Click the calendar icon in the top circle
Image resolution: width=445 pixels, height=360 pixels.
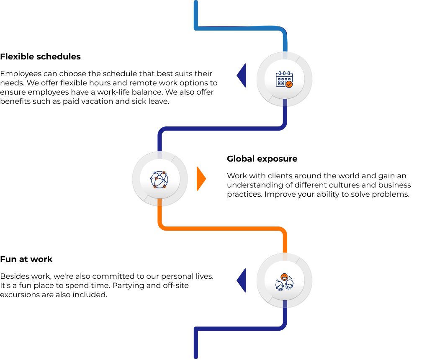tap(284, 79)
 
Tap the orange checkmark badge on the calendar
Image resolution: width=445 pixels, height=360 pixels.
tap(289, 84)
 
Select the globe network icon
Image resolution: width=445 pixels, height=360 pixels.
tap(159, 179)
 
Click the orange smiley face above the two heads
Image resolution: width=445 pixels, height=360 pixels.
tap(285, 277)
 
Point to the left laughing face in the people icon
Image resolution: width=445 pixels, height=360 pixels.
tap(280, 286)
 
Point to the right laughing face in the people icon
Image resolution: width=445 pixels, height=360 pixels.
tap(289, 285)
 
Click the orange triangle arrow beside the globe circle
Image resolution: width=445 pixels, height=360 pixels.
tap(201, 179)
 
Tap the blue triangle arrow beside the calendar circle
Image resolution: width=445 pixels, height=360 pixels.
tap(242, 75)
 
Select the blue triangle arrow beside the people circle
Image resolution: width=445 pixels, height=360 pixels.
tap(242, 280)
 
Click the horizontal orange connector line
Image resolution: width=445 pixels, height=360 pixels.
tap(222, 229)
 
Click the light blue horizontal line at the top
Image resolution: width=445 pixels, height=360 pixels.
tap(239, 28)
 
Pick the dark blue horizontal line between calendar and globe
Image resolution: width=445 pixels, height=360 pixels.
tap(222, 129)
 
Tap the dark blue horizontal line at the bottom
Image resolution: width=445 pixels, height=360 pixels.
tap(239, 329)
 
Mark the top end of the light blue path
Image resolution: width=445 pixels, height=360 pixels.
tap(196, 3)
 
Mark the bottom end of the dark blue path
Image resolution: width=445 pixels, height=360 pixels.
tap(196, 357)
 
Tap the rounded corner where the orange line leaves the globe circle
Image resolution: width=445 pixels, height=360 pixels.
tap(162, 226)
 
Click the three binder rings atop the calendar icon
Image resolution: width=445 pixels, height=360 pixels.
tap(284, 73)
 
